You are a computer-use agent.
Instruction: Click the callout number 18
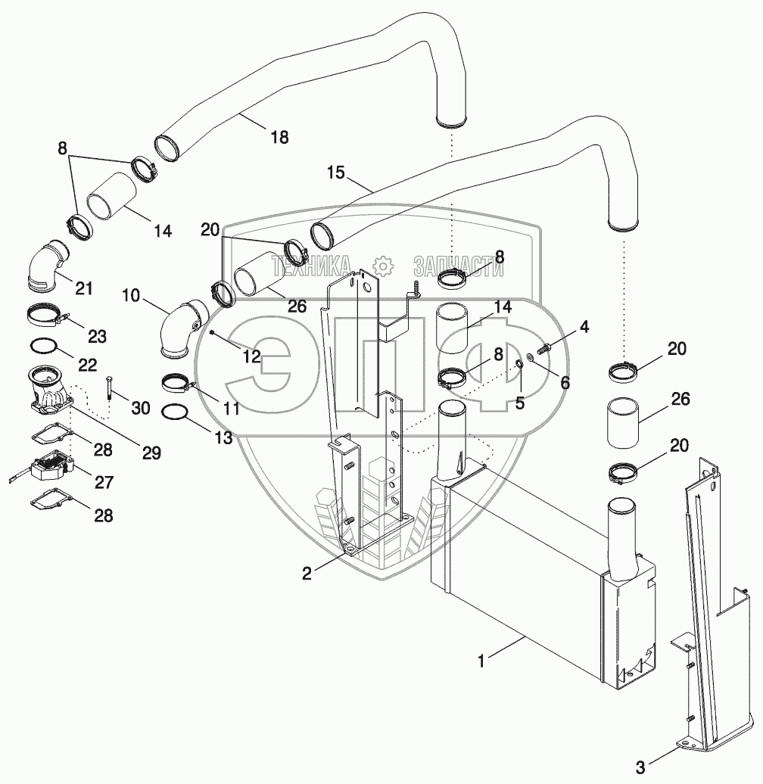click(279, 137)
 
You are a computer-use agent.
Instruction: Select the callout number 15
click(336, 173)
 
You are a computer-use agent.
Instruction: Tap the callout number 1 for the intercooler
click(481, 661)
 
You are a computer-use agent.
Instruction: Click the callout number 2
click(307, 574)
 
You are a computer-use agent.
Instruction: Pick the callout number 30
click(141, 408)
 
